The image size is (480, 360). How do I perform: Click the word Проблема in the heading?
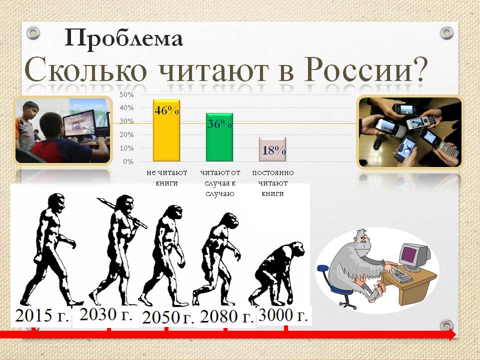click(123, 38)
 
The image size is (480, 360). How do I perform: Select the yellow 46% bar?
click(166, 130)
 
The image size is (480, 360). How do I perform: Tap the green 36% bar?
click(219, 137)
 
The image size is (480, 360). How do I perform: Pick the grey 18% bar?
click(272, 149)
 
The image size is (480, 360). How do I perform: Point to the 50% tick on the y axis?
click(126, 94)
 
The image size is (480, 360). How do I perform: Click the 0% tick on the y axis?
click(128, 161)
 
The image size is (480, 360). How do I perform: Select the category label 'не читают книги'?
click(167, 177)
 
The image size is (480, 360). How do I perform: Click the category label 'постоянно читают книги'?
click(273, 183)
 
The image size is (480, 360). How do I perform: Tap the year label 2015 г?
click(41, 315)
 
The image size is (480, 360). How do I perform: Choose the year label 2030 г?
click(106, 314)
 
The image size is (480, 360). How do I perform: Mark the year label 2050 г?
click(168, 317)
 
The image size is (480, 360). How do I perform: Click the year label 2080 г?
click(227, 316)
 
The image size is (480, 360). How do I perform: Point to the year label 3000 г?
click(283, 315)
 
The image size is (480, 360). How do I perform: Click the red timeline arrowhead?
click(452, 334)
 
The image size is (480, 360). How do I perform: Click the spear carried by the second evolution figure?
click(122, 213)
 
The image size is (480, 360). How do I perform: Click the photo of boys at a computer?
click(63, 130)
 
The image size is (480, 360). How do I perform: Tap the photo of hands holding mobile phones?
click(410, 132)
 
